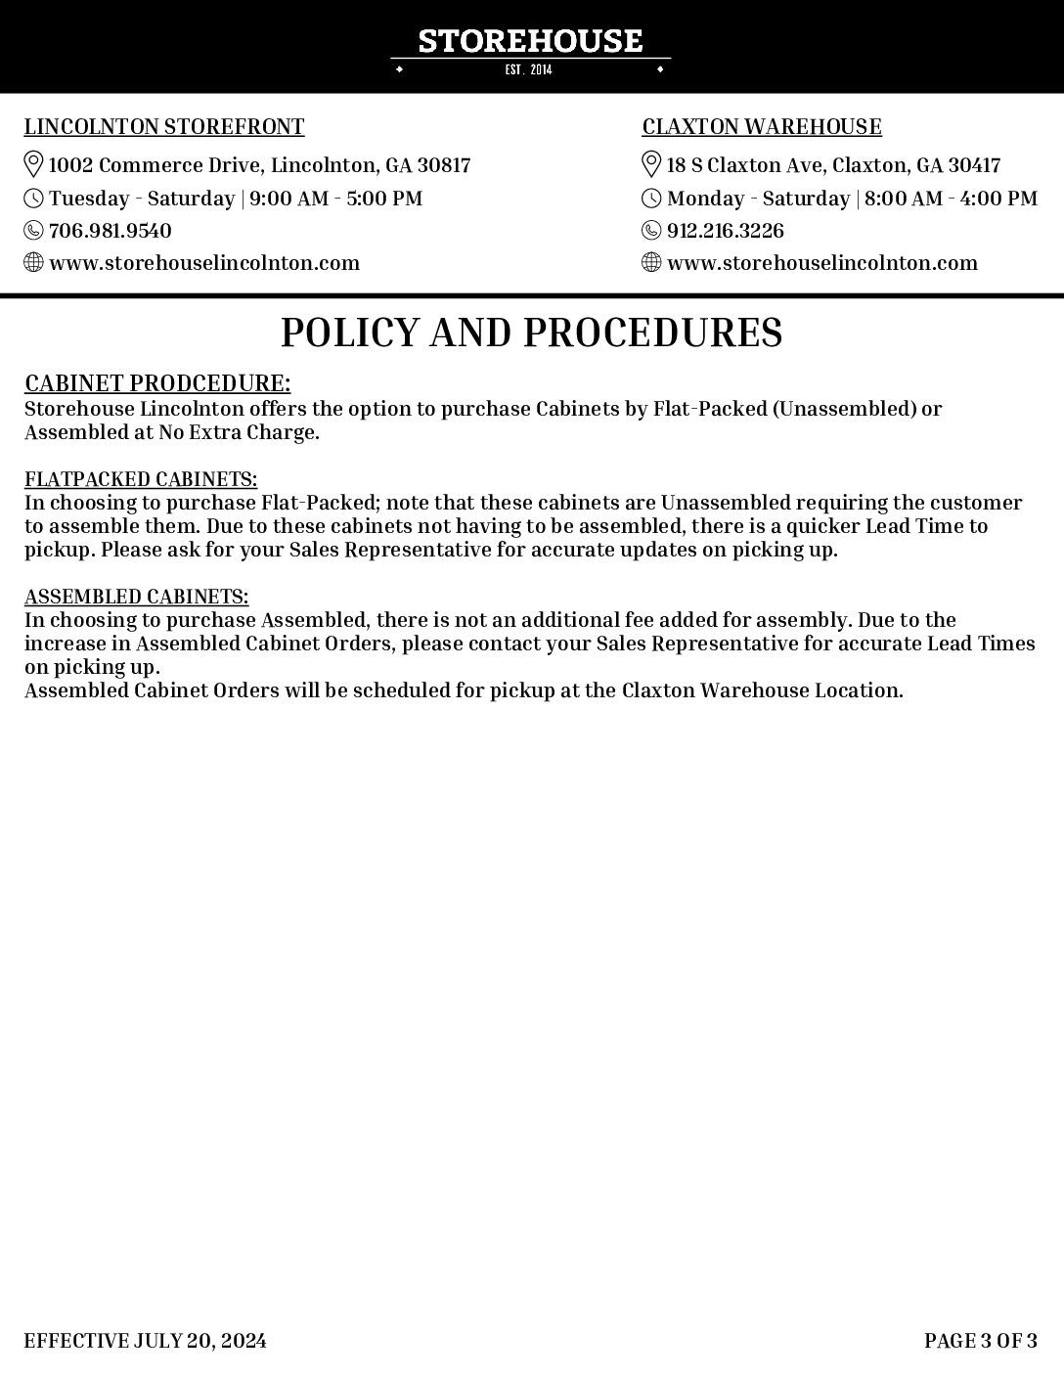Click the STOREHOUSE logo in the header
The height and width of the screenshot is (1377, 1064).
pyautogui.click(x=530, y=41)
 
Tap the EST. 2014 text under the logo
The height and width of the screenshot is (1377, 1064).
pyautogui.click(x=529, y=69)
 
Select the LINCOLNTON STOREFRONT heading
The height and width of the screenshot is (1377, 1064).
pyautogui.click(x=164, y=127)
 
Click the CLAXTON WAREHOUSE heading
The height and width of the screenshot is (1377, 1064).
pyautogui.click(x=762, y=127)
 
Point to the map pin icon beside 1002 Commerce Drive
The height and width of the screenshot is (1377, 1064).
pyautogui.click(x=33, y=164)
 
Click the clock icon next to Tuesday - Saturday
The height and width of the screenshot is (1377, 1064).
pyautogui.click(x=34, y=199)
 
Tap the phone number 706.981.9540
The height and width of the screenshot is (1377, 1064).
pyautogui.click(x=111, y=231)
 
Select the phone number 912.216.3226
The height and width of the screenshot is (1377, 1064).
pyautogui.click(x=726, y=231)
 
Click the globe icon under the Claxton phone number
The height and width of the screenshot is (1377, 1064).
pyautogui.click(x=651, y=262)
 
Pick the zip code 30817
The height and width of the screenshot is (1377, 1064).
pyautogui.click(x=444, y=165)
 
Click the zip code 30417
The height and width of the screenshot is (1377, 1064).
pyautogui.click(x=974, y=165)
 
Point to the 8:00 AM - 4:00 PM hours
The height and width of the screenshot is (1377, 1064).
pyautogui.click(x=951, y=199)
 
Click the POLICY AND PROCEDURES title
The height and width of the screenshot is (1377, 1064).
pyautogui.click(x=531, y=333)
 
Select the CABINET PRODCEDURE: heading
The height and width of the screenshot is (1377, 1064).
pyautogui.click(x=157, y=382)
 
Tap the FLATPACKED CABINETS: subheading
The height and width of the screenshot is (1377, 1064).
pyautogui.click(x=141, y=479)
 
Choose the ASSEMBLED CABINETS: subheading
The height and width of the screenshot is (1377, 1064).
pyautogui.click(x=137, y=597)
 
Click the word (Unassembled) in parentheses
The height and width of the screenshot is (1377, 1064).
pyautogui.click(x=844, y=409)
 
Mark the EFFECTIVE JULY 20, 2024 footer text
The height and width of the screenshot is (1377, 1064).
pyautogui.click(x=146, y=1340)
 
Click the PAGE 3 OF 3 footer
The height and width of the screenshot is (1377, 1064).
pyautogui.click(x=981, y=1340)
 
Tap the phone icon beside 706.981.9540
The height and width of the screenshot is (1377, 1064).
pyautogui.click(x=34, y=231)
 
